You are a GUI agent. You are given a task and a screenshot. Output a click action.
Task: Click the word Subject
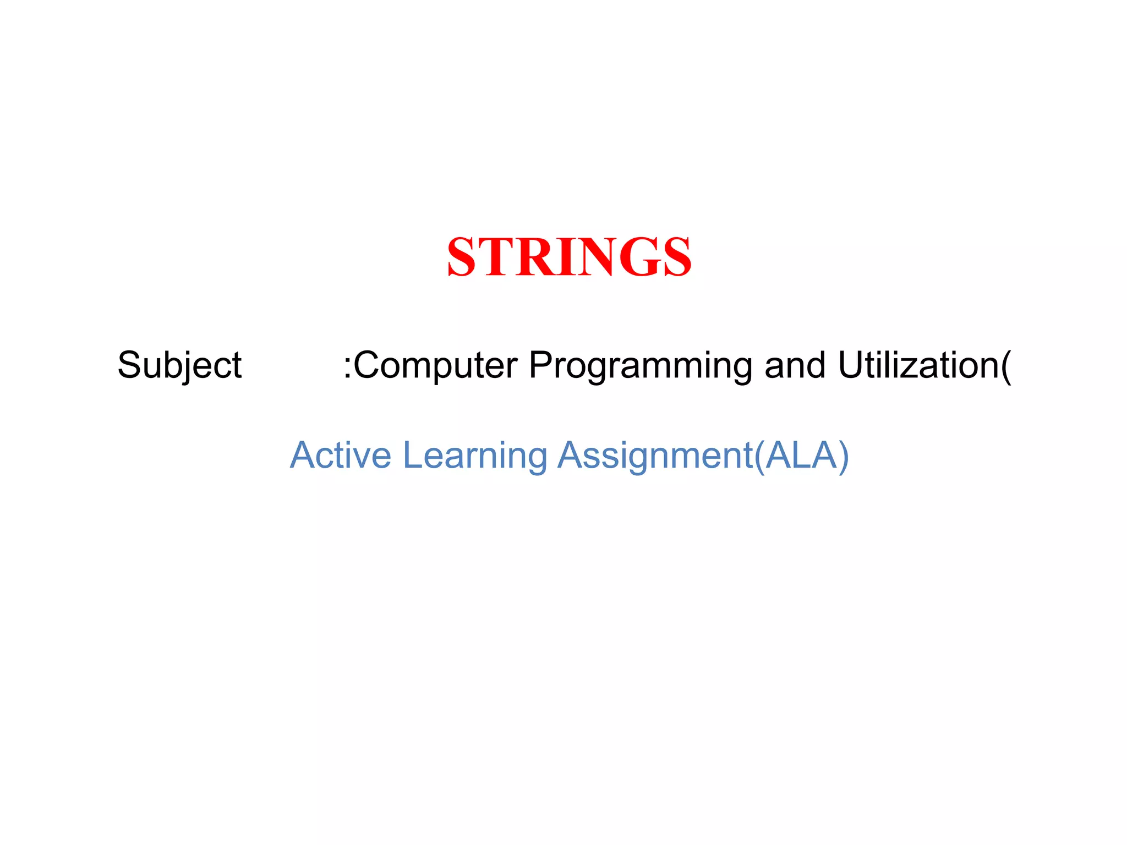(x=179, y=365)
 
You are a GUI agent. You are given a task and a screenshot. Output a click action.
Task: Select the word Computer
(x=435, y=365)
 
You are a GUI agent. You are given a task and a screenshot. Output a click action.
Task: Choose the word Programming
(x=640, y=365)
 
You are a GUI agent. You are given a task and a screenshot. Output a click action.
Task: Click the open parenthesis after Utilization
(x=1006, y=365)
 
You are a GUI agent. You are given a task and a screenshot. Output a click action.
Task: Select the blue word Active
(x=340, y=456)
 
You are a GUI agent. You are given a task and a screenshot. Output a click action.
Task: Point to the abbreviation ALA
(x=800, y=456)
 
